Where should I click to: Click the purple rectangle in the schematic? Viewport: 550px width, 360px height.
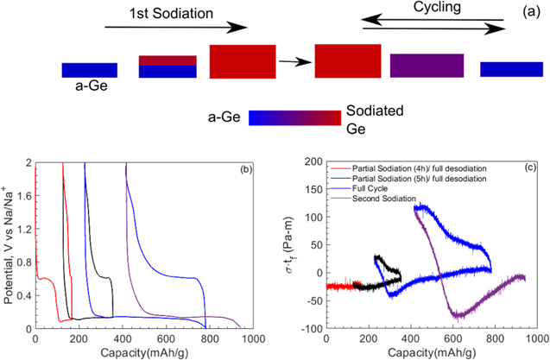coord(427,66)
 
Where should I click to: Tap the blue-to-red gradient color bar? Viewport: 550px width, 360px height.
coord(294,117)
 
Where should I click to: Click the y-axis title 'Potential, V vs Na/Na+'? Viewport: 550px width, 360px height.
coord(9,244)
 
